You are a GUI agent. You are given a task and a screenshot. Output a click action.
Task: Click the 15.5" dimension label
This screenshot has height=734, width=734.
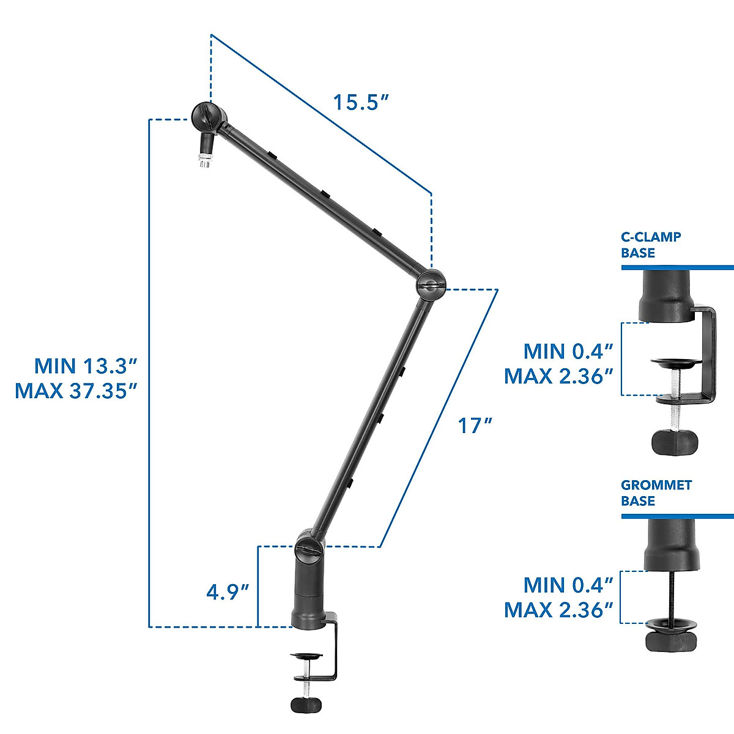361,102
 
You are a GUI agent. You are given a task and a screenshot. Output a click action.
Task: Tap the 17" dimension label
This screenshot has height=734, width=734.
475,425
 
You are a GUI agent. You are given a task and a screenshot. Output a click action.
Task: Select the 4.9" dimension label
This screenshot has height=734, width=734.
228,592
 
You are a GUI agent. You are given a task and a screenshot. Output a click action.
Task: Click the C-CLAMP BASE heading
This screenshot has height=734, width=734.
651,245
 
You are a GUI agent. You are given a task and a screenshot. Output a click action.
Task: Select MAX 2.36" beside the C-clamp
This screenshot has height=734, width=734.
558,376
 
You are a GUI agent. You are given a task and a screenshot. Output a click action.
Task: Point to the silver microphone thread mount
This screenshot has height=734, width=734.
204,162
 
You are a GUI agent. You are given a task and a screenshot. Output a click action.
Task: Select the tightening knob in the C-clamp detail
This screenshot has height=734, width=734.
675,441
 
